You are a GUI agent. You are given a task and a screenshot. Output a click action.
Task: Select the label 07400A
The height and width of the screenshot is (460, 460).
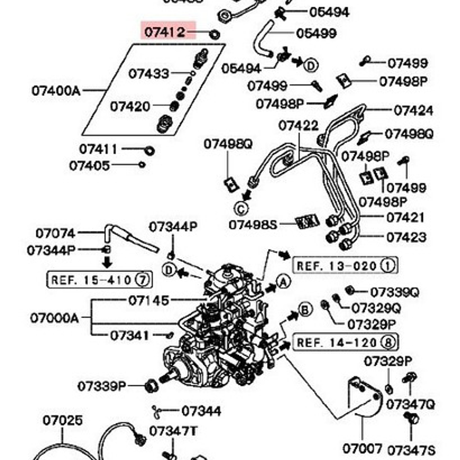56,90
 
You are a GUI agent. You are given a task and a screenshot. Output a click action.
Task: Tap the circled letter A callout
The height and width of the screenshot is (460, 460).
284,282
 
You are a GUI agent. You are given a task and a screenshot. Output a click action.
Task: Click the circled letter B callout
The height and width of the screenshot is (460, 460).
305,309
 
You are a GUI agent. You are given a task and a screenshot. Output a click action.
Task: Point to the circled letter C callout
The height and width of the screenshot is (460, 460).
241,209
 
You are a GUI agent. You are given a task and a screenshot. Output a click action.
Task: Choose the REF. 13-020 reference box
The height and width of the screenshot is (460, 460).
345,266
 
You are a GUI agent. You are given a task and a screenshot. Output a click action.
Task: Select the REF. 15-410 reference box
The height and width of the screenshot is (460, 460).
99,279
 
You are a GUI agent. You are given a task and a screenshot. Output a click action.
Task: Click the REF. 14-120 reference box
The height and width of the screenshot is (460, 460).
345,343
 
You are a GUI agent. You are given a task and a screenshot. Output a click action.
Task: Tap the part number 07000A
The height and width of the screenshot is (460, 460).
54,318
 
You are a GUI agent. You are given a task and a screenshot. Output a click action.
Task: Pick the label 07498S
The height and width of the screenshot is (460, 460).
253,224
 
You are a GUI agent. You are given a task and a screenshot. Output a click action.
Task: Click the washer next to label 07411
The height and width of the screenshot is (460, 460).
149,151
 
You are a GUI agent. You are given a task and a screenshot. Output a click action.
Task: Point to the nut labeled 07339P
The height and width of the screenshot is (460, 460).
152,386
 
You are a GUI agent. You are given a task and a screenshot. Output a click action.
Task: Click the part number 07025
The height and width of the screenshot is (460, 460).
63,420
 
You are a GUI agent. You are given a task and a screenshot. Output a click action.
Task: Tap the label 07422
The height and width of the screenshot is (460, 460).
298,126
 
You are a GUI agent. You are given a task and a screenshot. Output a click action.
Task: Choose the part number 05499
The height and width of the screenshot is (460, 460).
316,33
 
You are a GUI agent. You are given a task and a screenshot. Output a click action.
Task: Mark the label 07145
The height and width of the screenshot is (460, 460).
148,300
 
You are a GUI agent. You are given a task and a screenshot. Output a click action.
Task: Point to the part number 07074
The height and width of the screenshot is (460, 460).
55,233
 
